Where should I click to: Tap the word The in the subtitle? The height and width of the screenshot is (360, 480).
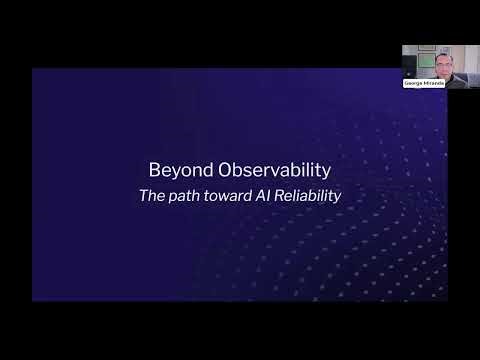coord(151,196)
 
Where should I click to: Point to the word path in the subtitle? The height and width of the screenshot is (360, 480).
coord(183,196)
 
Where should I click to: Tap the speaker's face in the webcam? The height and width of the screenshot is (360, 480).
coord(443,65)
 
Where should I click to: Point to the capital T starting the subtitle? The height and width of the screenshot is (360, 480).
coord(142,196)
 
